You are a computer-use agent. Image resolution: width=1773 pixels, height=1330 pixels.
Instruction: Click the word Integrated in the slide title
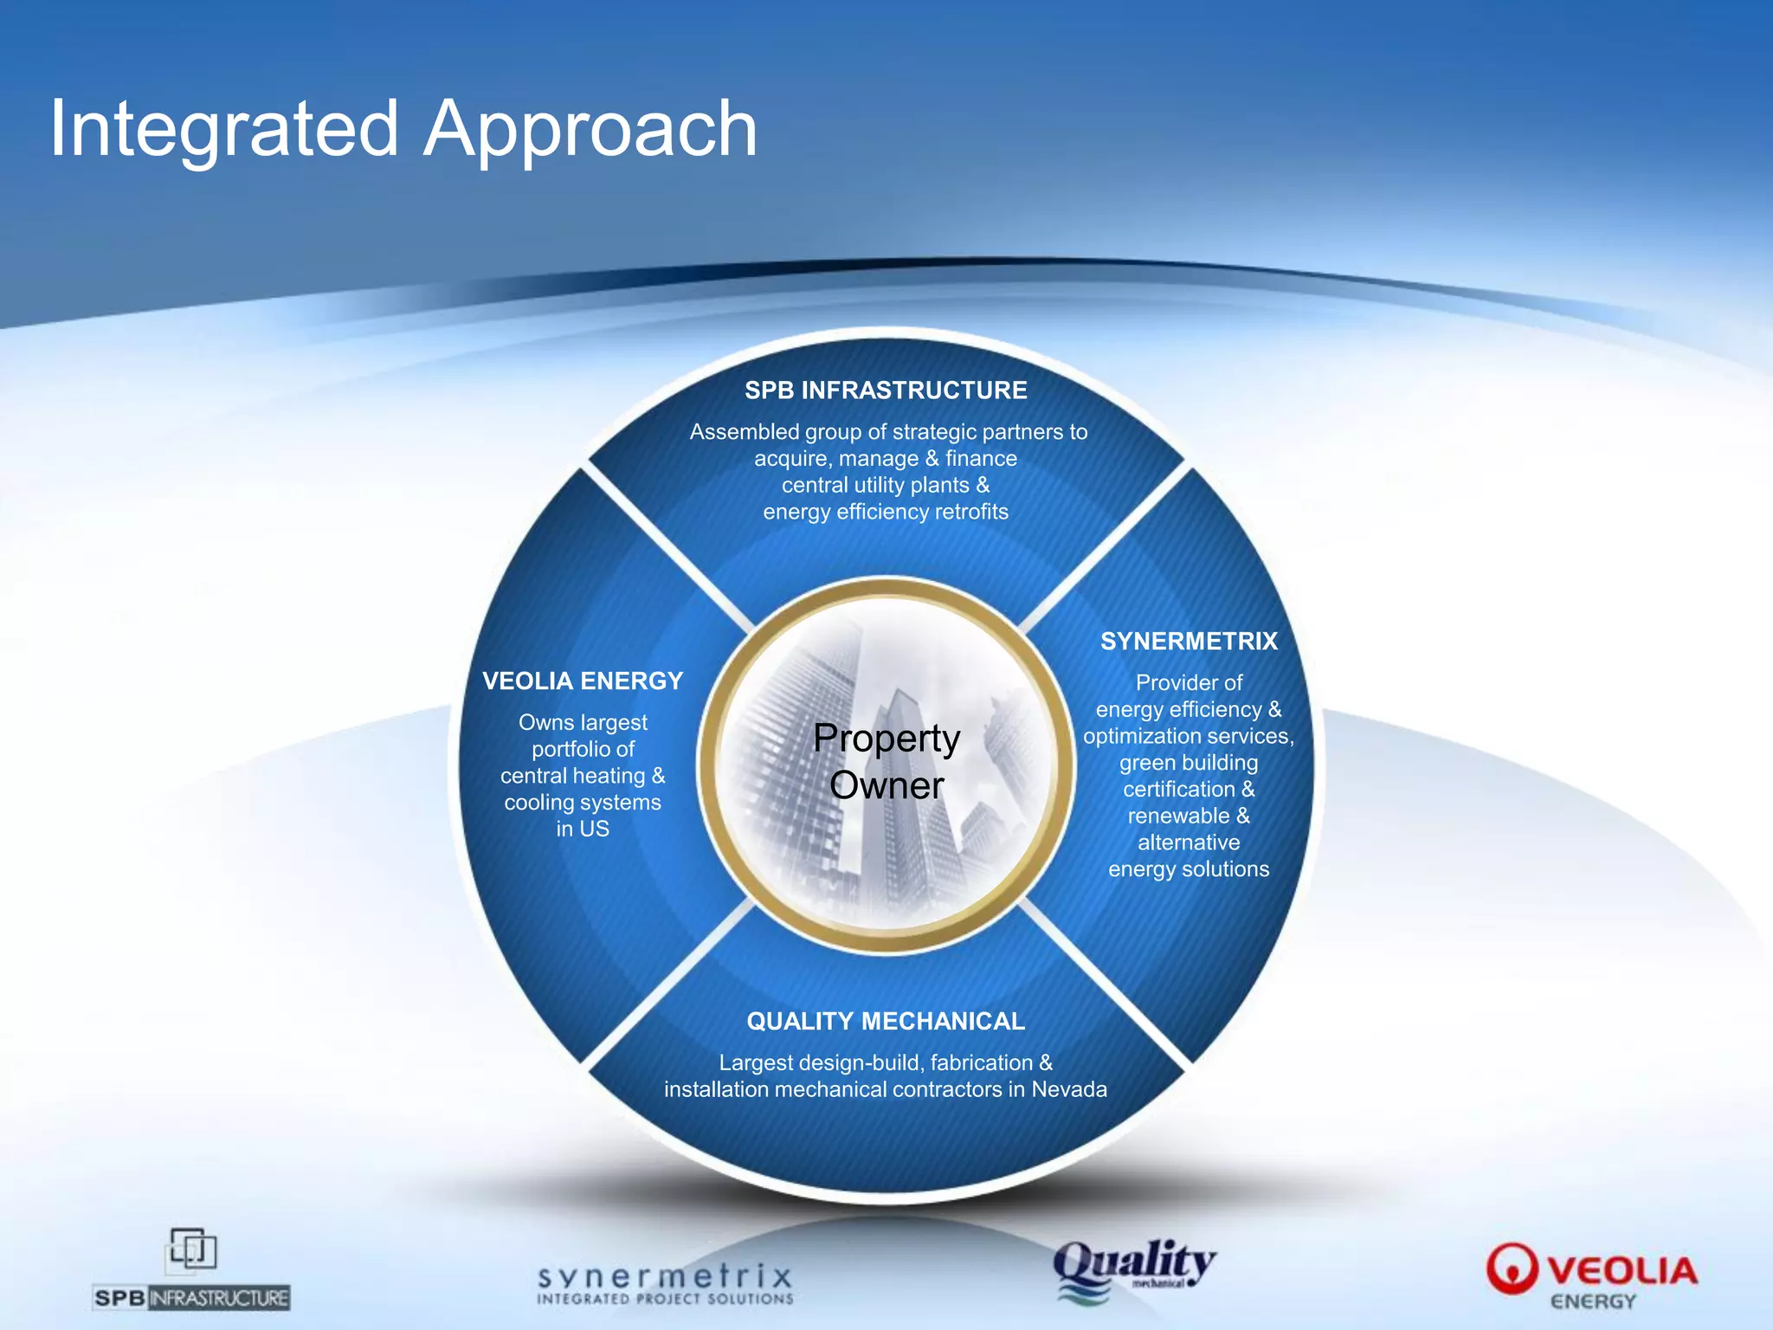pyautogui.click(x=223, y=130)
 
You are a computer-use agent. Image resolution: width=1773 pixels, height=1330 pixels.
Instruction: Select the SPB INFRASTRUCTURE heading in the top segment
pyautogui.click(x=886, y=391)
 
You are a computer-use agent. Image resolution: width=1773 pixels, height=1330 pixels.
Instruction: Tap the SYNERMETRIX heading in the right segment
pyautogui.click(x=1189, y=642)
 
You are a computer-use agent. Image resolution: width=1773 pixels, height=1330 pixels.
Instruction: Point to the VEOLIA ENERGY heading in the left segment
pyautogui.click(x=583, y=681)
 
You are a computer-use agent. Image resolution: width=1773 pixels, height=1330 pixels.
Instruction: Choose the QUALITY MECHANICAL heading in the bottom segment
pyautogui.click(x=886, y=1022)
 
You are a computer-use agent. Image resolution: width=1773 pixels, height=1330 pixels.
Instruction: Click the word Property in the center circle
pyautogui.click(x=886, y=739)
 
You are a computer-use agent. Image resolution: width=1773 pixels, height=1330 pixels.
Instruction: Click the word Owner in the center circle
pyautogui.click(x=886, y=786)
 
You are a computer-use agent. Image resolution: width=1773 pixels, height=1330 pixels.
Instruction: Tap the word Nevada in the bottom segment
pyautogui.click(x=1069, y=1089)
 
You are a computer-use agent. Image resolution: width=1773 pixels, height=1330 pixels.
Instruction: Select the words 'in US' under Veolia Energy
pyautogui.click(x=583, y=830)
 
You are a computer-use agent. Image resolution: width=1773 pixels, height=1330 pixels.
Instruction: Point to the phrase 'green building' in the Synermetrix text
pyautogui.click(x=1189, y=763)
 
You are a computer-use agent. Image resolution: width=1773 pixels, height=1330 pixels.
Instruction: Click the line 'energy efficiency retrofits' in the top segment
pyautogui.click(x=886, y=512)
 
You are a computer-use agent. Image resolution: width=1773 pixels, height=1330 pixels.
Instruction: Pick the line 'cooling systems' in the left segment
pyautogui.click(x=583, y=803)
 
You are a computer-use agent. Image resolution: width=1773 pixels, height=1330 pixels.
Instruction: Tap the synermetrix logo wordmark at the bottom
pyautogui.click(x=665, y=1276)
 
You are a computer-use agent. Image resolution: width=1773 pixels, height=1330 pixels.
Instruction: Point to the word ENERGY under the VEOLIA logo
pyautogui.click(x=1593, y=1302)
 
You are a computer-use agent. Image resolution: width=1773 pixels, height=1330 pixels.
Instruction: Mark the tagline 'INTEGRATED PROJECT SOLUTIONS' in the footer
pyautogui.click(x=665, y=1299)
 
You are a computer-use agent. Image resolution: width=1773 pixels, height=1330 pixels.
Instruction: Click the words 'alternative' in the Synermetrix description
pyautogui.click(x=1189, y=843)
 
